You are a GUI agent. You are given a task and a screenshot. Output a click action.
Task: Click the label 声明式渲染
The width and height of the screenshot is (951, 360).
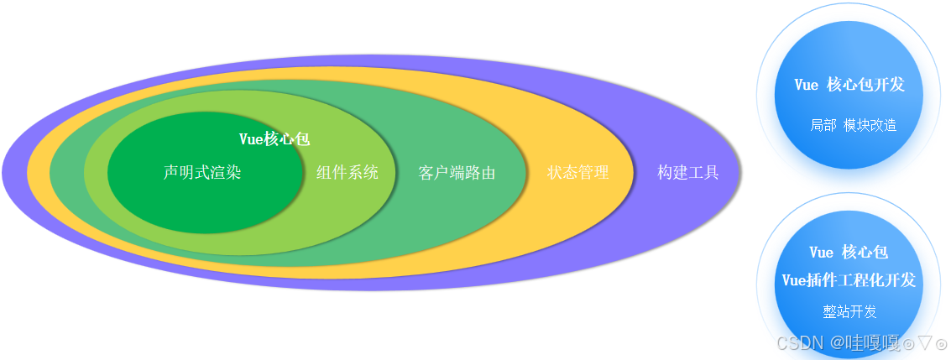point(201,173)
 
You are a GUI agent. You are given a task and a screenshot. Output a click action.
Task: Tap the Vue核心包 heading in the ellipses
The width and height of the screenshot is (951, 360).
point(274,139)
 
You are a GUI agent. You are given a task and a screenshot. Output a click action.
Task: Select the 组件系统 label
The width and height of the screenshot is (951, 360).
point(347,173)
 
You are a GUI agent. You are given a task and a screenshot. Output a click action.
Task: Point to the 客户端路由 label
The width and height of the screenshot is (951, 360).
point(457,174)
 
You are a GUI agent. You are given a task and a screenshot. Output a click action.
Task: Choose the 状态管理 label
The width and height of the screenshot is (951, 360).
point(578,173)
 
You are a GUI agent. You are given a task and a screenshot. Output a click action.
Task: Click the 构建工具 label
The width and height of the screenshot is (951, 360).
point(688,173)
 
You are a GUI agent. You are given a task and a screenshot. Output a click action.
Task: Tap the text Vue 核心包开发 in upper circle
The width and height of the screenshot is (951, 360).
point(849,85)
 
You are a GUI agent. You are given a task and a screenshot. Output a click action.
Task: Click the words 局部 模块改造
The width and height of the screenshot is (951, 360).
point(854,125)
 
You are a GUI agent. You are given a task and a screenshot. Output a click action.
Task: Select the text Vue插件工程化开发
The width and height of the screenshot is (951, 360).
point(849,279)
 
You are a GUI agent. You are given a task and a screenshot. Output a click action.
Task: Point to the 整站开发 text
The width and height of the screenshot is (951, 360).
point(849,312)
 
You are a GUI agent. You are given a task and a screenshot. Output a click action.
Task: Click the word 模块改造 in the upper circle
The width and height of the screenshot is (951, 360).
point(870,125)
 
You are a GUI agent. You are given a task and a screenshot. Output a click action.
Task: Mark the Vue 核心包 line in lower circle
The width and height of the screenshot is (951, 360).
point(849,252)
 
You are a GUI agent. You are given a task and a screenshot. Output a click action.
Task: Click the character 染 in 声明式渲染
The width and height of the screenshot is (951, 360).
point(233,173)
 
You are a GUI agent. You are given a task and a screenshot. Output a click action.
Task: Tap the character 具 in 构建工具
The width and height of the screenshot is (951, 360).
point(711,173)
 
